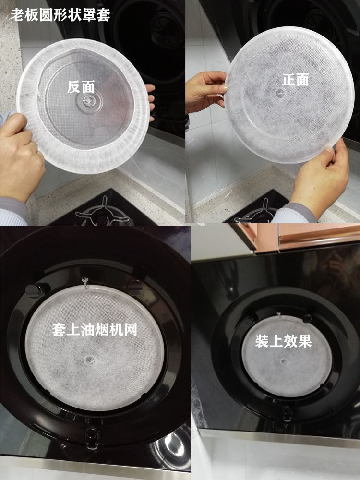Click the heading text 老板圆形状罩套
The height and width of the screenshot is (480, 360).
point(60,15)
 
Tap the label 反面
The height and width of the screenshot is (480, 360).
point(81,87)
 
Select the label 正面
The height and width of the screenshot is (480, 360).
point(295,80)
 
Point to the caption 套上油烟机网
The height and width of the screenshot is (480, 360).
point(95,330)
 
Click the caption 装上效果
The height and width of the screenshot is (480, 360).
point(284,341)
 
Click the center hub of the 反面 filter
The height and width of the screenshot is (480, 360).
point(88,100)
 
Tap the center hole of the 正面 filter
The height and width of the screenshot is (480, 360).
point(280,93)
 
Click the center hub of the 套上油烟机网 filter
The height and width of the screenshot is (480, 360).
point(89,360)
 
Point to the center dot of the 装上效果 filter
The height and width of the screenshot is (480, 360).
point(284,361)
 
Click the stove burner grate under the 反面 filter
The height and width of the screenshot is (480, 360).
point(103,212)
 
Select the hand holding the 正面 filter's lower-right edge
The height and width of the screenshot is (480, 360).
point(320,180)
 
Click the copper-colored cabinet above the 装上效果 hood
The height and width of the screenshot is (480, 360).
point(306,236)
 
